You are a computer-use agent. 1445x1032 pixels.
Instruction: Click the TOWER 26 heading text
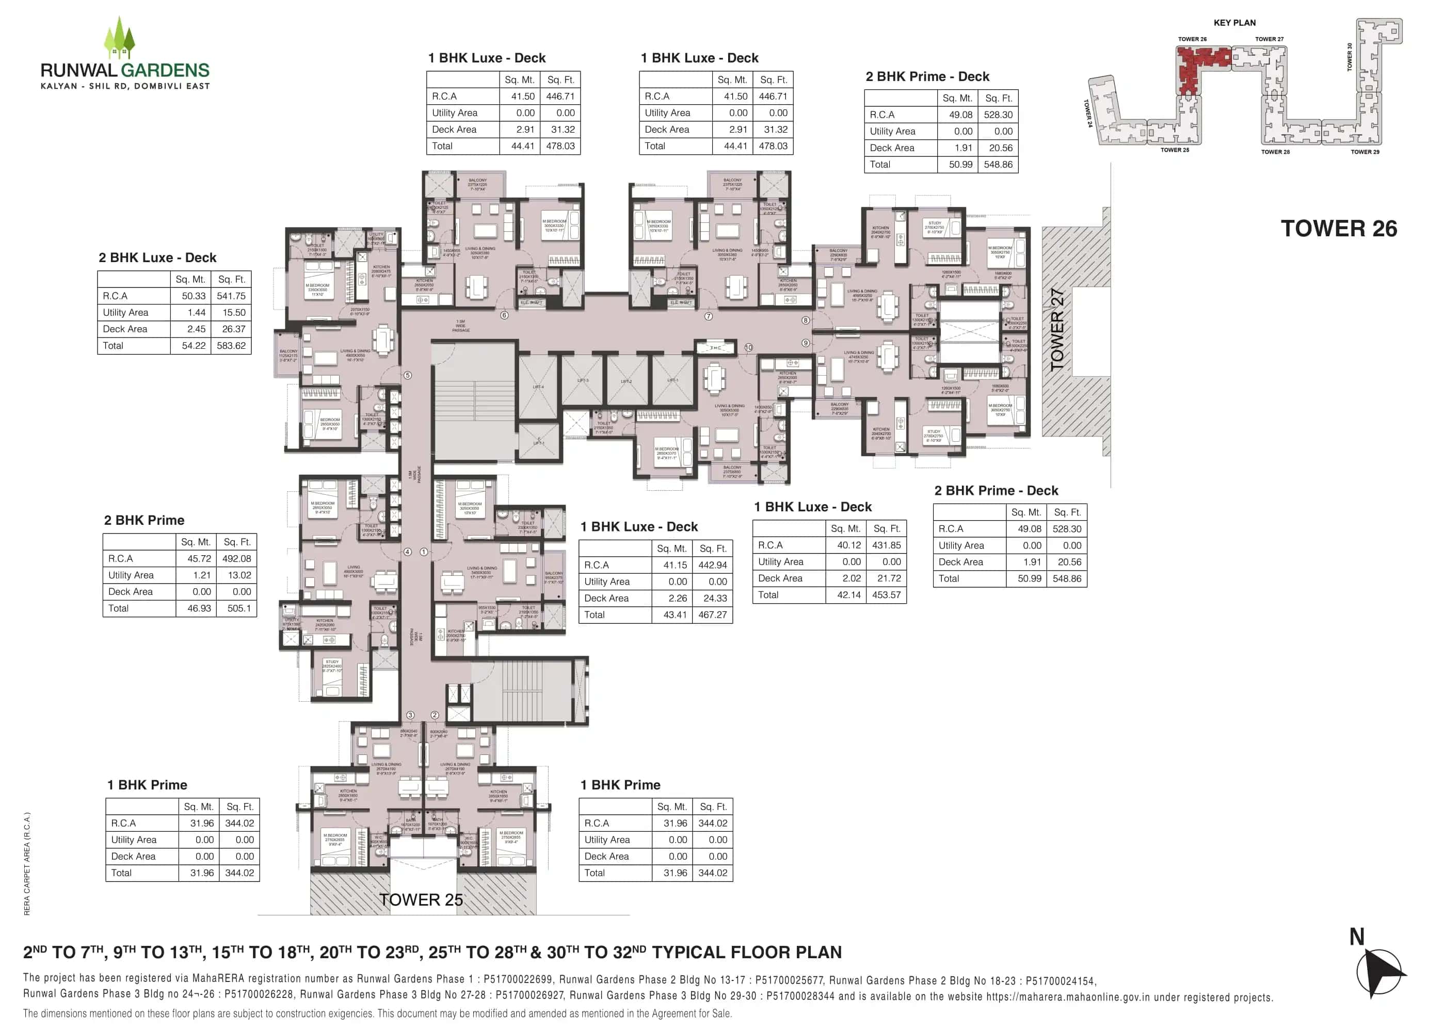(1338, 229)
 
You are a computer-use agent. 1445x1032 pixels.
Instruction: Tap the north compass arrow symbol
(1380, 972)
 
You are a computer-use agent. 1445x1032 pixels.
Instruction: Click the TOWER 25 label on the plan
(421, 900)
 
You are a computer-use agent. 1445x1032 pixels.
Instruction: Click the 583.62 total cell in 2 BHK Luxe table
(231, 346)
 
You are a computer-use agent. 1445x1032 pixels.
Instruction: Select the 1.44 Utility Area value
(196, 313)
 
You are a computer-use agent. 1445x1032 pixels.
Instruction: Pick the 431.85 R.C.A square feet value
(887, 545)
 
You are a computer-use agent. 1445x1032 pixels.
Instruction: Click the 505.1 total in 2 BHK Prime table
(239, 608)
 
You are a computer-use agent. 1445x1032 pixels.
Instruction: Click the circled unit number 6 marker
(504, 315)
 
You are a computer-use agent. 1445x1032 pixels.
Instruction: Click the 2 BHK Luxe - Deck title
(157, 257)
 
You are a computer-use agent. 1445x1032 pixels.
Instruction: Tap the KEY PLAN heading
(1234, 22)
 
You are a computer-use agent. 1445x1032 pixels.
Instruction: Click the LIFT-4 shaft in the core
(538, 386)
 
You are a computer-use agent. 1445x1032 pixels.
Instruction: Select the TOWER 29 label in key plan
(1364, 152)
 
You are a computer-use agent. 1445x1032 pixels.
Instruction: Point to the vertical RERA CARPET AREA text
(27, 864)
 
